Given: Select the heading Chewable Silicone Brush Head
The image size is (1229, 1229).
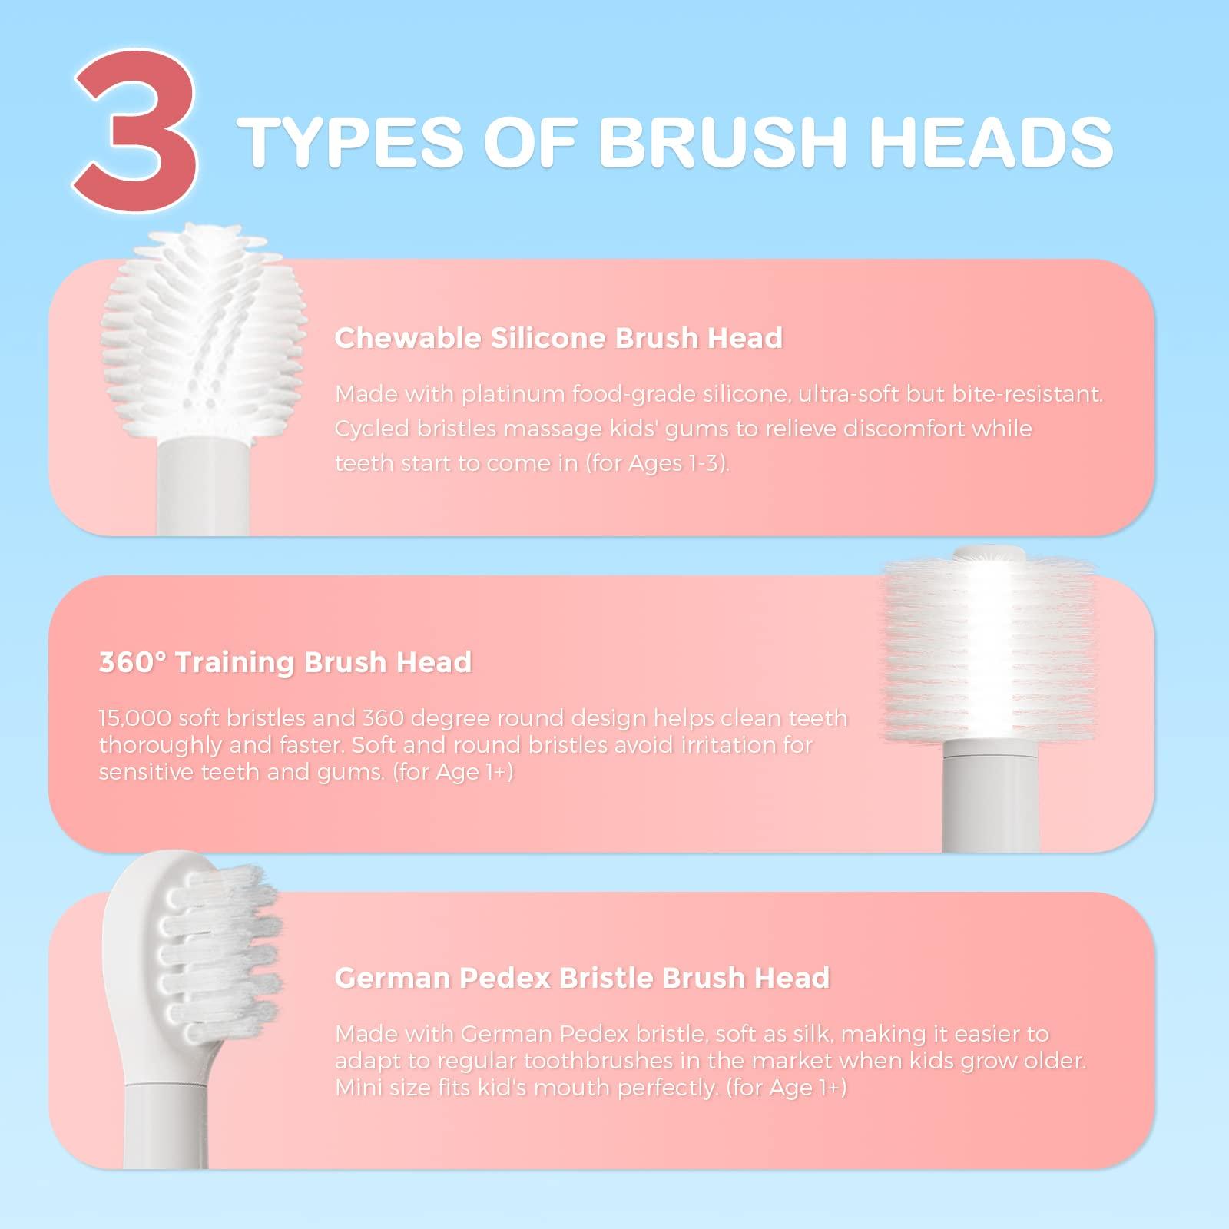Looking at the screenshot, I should click(x=558, y=338).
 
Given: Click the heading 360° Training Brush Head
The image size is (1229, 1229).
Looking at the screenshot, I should click(x=285, y=662).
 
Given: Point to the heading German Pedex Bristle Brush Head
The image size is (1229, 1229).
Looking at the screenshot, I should click(x=582, y=978).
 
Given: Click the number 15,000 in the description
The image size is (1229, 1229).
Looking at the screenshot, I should click(x=135, y=718).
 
